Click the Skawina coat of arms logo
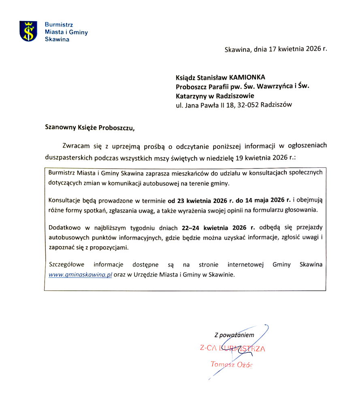[28, 31]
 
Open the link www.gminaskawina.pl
[80, 274]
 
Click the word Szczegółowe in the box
[66, 264]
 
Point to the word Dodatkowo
[64, 228]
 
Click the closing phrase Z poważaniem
[234, 335]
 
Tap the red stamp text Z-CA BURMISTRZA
[232, 348]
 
